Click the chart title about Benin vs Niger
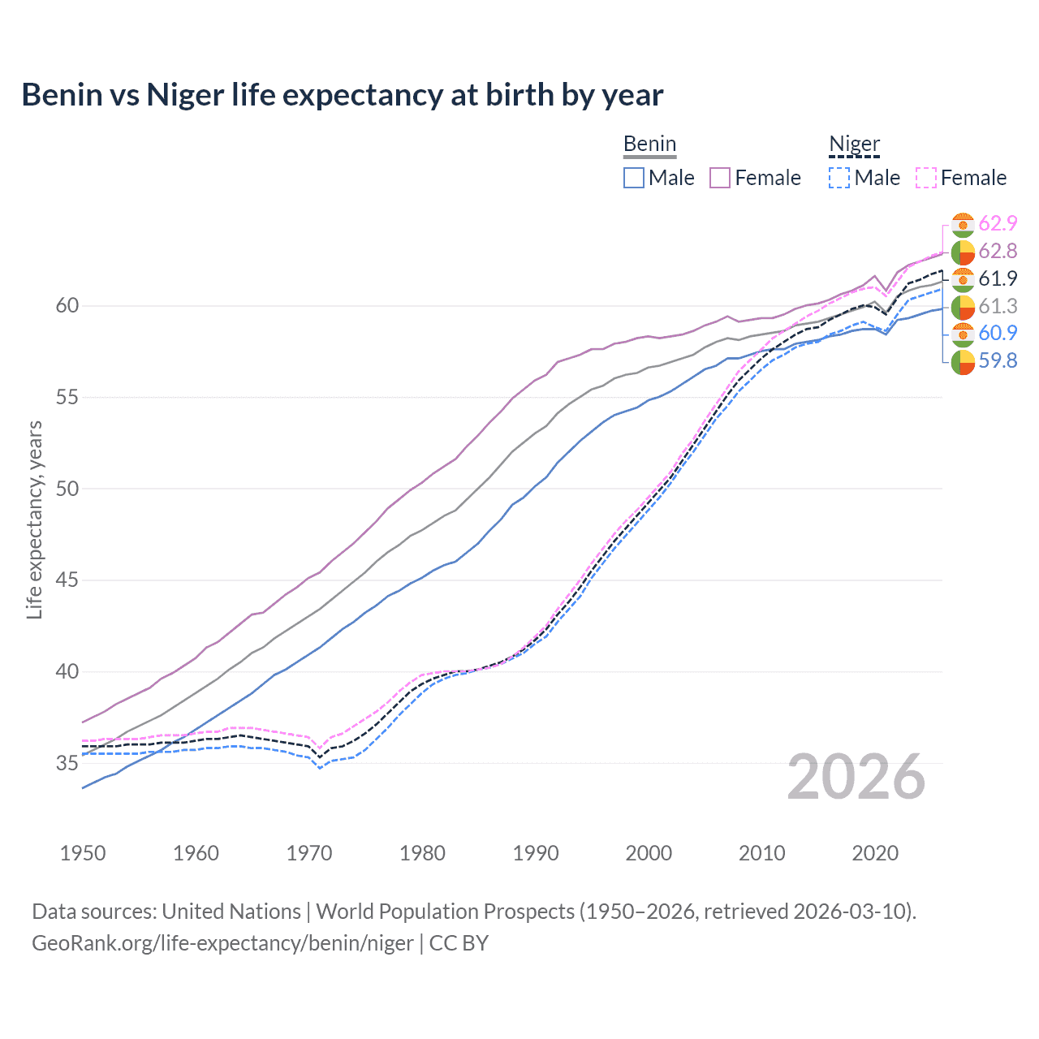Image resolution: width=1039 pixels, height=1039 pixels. point(342,95)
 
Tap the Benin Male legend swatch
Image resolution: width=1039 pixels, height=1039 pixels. point(634,178)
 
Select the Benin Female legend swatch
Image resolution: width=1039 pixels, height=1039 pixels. point(720,178)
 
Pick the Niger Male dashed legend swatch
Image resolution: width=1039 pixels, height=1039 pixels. point(839,178)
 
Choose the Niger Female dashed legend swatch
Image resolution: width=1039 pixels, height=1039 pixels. point(926,178)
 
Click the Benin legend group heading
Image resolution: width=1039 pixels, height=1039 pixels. point(649,144)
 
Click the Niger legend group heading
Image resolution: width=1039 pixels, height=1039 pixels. point(854,144)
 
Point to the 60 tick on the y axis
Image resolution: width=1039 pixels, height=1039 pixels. point(67,306)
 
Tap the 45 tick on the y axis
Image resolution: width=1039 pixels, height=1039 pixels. point(67,580)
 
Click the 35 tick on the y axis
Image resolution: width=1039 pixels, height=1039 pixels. point(67,763)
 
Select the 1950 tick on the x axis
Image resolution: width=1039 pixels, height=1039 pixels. point(83,853)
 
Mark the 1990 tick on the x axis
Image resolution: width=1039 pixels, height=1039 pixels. point(536,853)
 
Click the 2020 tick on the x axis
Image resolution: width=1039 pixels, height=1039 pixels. point(875,853)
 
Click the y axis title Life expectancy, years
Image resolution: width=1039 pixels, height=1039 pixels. point(35,519)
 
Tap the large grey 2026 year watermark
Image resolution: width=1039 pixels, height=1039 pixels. point(856,777)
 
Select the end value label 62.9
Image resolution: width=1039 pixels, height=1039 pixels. point(998,224)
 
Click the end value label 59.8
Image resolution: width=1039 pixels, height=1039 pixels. point(998,361)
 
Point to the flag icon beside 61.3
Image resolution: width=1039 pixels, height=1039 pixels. point(963,307)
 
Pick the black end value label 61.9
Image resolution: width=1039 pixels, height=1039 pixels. point(998,279)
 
